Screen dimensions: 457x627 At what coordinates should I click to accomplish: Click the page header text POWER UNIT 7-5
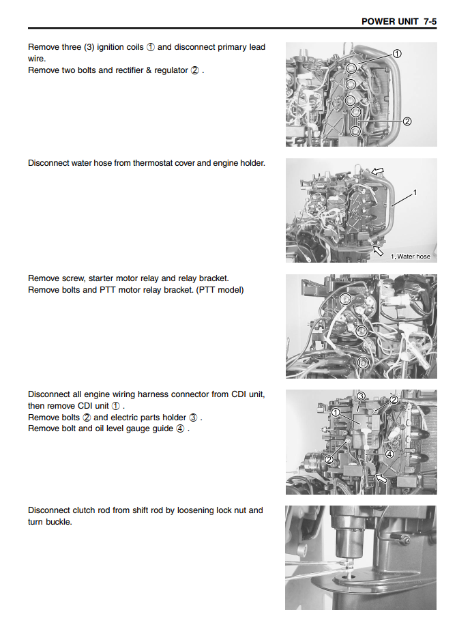[398, 22]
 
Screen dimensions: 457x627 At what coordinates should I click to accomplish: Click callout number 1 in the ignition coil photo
[396, 54]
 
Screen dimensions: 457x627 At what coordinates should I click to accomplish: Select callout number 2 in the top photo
[407, 121]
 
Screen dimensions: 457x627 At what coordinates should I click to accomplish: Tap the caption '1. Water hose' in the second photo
[411, 257]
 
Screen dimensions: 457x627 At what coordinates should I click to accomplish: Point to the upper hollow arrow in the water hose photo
[377, 171]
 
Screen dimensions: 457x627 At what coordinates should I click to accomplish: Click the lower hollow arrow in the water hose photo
[377, 250]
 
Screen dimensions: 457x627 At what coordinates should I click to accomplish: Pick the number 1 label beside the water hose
[415, 192]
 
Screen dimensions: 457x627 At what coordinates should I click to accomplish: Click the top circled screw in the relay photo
[345, 299]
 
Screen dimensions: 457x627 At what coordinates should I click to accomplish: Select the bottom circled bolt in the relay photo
[363, 362]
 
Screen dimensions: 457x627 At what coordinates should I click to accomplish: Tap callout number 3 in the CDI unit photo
[361, 396]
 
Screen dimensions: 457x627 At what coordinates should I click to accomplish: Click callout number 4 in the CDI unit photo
[389, 454]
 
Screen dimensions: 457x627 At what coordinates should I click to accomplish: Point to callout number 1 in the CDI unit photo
[336, 412]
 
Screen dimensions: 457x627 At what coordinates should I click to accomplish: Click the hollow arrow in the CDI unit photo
[381, 478]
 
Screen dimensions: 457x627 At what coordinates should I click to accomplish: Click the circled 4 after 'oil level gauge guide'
[180, 428]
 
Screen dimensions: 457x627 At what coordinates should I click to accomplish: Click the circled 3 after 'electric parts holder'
[193, 418]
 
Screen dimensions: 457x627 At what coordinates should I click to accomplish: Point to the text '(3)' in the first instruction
[89, 47]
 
